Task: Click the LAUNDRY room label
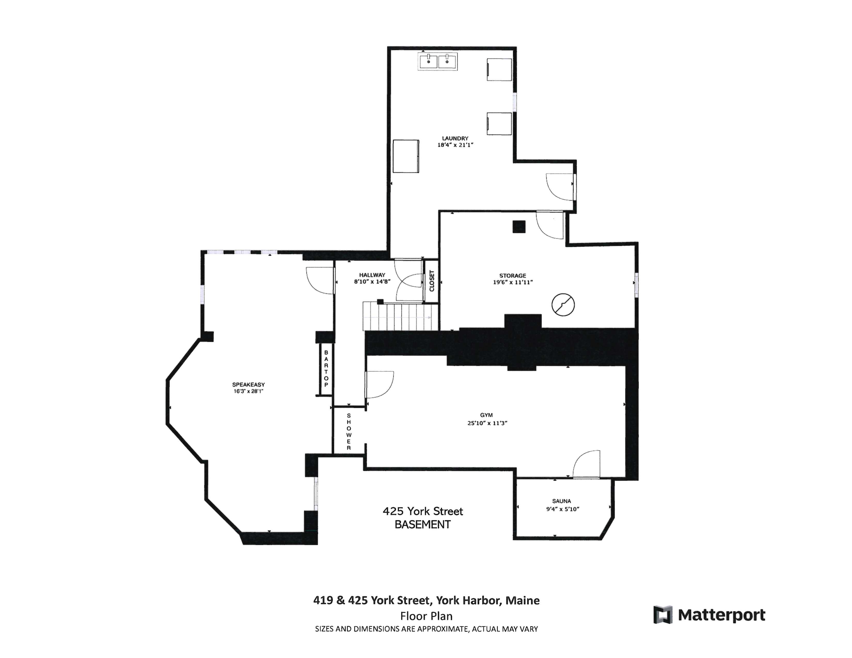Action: pos(455,138)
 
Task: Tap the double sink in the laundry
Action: pos(438,62)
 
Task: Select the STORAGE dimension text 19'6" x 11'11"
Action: pos(512,282)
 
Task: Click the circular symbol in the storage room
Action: pos(563,304)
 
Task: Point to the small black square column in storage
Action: pos(519,227)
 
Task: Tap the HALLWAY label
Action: pos(372,275)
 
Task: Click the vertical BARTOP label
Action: pos(326,368)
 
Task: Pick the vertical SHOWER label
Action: pos(349,431)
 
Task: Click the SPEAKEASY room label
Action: pos(248,384)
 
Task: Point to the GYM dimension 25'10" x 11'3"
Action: pos(487,423)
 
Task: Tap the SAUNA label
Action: pos(561,501)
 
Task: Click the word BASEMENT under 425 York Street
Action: pos(422,525)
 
